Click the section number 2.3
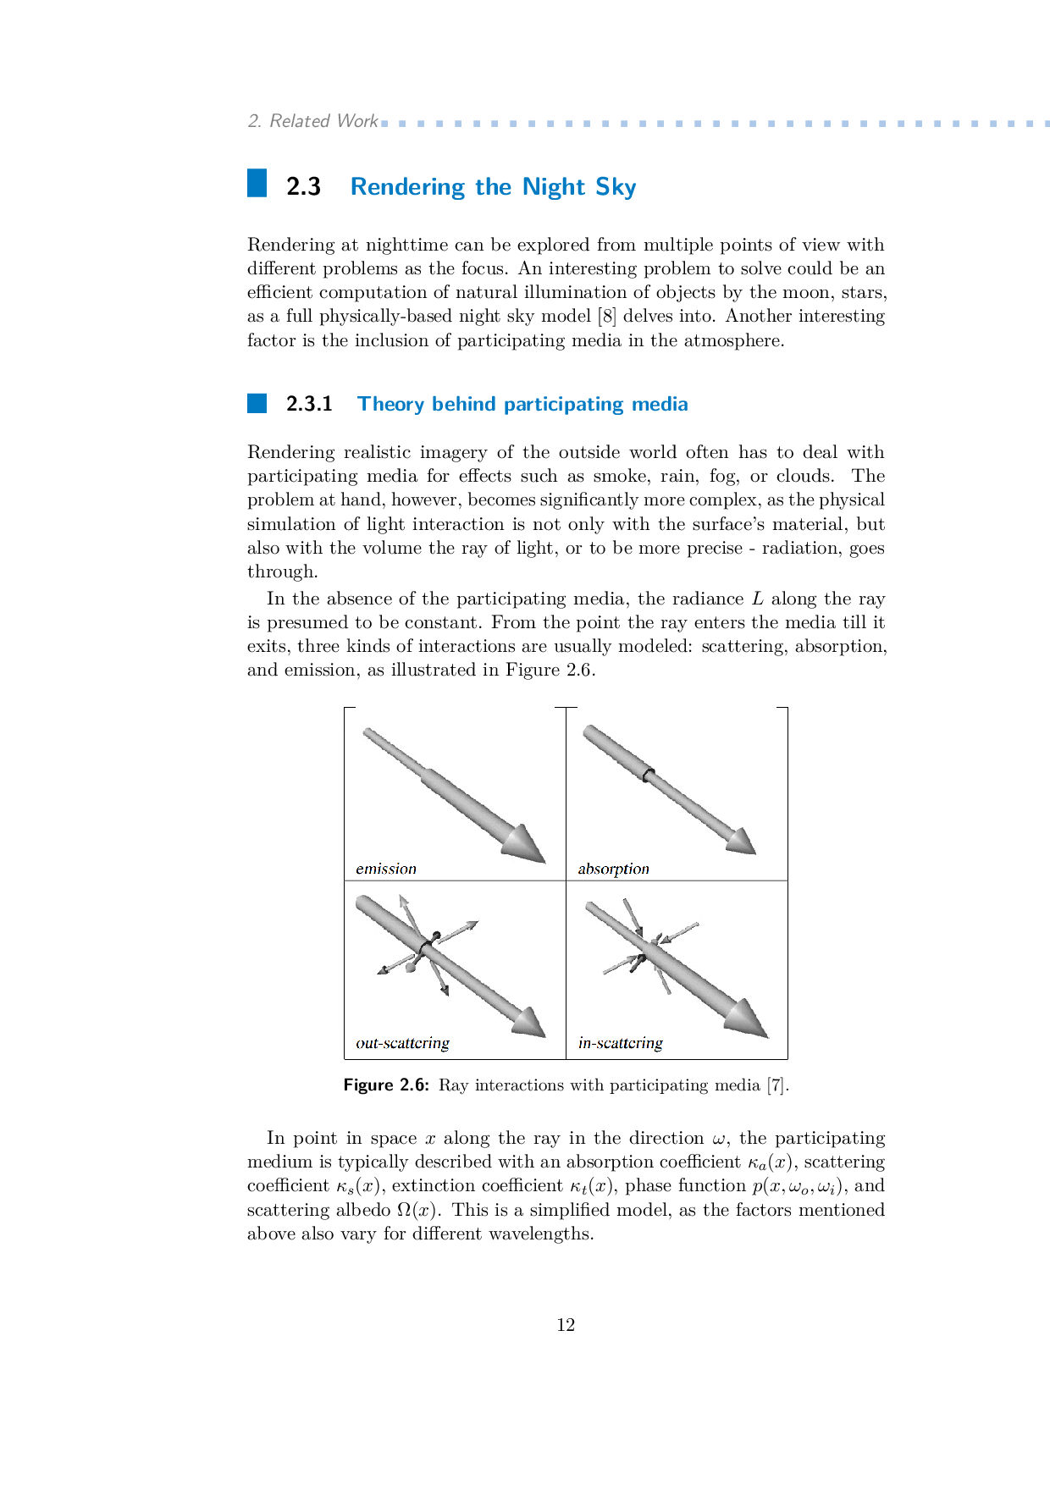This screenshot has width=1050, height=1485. click(303, 186)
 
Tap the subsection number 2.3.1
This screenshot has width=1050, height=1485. click(309, 404)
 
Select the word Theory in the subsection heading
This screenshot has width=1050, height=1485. click(390, 404)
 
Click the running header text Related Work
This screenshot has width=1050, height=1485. click(323, 121)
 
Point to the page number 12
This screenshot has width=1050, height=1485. click(566, 1325)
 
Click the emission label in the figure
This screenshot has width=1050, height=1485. click(386, 869)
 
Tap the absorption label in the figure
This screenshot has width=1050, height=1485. click(613, 869)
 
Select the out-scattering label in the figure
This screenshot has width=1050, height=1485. click(402, 1043)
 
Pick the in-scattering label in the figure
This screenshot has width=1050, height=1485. click(620, 1043)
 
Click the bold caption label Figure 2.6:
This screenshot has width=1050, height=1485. click(386, 1085)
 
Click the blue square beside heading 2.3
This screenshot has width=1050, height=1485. click(257, 183)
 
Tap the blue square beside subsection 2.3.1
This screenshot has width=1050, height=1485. click(257, 403)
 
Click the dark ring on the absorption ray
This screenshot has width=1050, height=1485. click(649, 774)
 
